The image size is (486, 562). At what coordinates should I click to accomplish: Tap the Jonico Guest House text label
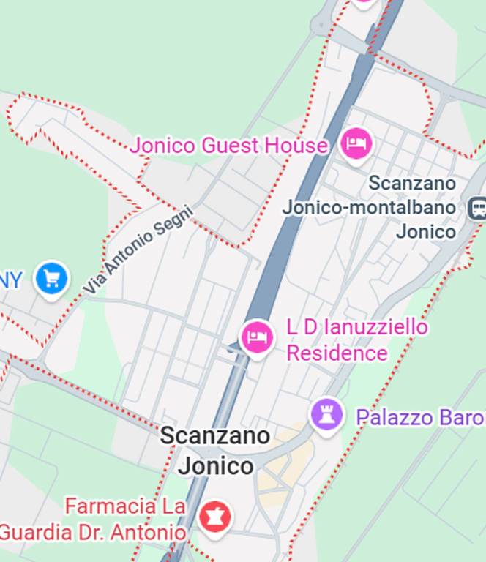pyautogui.click(x=228, y=146)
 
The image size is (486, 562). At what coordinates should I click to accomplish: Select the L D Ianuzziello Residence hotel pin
pyautogui.click(x=257, y=337)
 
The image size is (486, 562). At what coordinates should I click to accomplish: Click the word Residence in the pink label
pyautogui.click(x=337, y=353)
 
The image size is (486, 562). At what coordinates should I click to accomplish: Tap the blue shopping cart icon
pyautogui.click(x=51, y=278)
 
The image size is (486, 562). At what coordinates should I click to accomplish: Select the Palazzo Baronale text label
pyautogui.click(x=419, y=417)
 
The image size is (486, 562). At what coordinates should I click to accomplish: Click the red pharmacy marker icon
pyautogui.click(x=215, y=517)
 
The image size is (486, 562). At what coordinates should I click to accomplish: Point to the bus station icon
pyautogui.click(x=476, y=209)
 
